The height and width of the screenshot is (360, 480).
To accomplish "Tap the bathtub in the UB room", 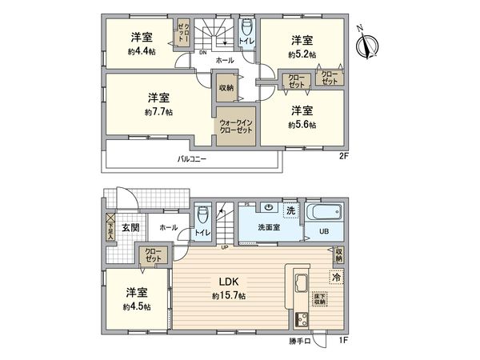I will (x=325, y=214).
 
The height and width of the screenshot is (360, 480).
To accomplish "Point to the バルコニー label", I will (x=192, y=159).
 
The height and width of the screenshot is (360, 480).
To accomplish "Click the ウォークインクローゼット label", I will (x=235, y=126).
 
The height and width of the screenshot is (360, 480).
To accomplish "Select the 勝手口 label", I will (x=300, y=342).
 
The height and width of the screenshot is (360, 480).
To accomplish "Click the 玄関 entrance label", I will (x=130, y=228).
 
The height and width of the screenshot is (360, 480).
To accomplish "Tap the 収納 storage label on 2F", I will (x=226, y=87).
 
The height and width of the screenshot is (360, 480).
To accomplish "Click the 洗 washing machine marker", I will (x=291, y=210).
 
